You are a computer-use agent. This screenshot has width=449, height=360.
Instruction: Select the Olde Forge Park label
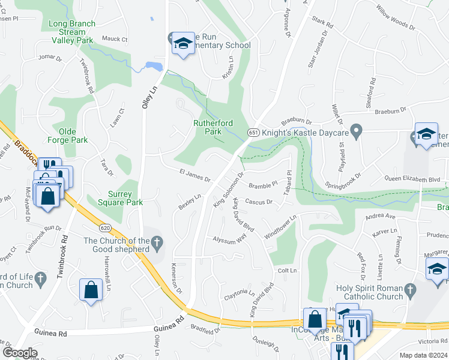(73, 136)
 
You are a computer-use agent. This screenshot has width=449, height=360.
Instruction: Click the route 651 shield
(253, 132)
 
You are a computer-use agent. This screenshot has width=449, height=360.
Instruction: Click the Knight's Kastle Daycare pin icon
(357, 131)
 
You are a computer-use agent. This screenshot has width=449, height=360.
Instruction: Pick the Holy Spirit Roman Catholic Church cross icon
(410, 292)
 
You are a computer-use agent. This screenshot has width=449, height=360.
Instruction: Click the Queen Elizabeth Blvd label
(412, 179)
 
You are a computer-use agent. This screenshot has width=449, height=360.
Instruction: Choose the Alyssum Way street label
(230, 239)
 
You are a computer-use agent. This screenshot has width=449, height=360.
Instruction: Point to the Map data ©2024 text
(424, 355)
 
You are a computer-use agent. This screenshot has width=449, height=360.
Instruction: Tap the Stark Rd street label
(323, 23)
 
